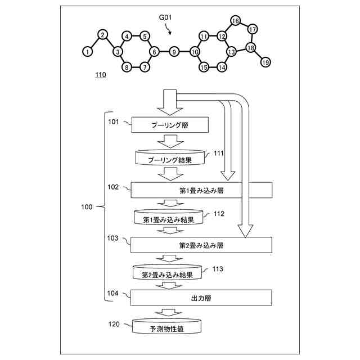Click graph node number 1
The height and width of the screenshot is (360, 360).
point(87,51)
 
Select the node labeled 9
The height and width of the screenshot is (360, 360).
point(174,52)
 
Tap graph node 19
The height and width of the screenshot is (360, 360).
point(265,62)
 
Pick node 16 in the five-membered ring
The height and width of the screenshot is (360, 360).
point(235,21)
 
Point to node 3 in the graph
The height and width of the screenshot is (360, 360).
point(118,52)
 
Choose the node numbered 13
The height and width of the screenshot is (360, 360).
point(231,52)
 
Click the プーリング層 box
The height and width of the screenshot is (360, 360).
point(170,125)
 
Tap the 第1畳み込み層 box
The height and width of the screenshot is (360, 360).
point(201,189)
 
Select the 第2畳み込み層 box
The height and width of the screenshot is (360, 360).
point(201,245)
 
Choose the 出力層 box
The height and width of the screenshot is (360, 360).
point(201,296)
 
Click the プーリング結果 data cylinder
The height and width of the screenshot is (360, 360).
point(170,158)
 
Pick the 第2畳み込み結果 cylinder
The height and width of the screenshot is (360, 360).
point(168,274)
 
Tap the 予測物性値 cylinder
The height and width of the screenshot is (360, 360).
point(167,327)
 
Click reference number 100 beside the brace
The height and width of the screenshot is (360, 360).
point(87,207)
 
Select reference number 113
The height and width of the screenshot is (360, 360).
point(218,269)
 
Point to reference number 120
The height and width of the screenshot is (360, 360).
point(114,323)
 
